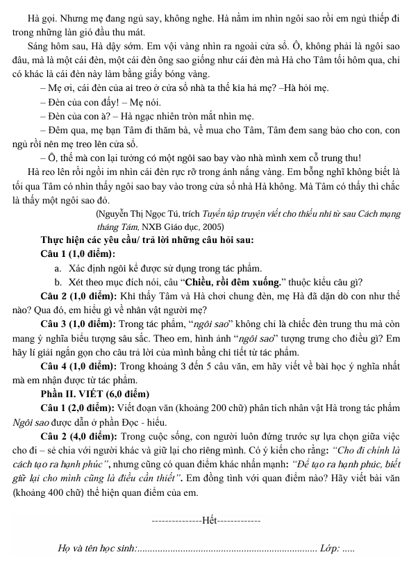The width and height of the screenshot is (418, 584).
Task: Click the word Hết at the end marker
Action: [209, 520]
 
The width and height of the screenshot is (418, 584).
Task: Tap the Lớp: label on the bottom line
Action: [328, 549]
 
